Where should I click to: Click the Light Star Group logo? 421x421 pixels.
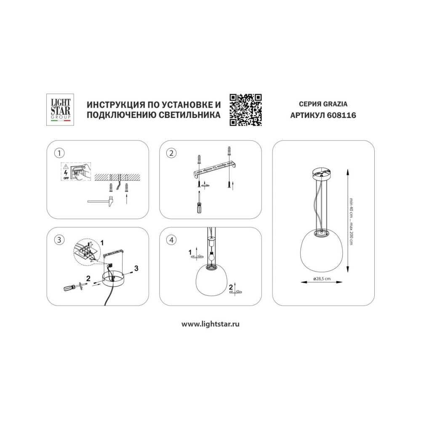click(60, 109)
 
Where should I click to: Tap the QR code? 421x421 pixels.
click(246, 110)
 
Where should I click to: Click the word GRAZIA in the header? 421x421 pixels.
click(335, 104)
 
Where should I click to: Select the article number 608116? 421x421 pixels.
click(342, 115)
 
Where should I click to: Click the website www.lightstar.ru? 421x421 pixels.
click(210, 324)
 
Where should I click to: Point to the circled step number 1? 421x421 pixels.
click(59, 153)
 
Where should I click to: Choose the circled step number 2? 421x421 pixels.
click(172, 153)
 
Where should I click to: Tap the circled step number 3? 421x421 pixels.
click(59, 240)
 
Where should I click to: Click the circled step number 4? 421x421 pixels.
click(172, 240)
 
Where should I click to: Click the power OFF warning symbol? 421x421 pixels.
click(66, 171)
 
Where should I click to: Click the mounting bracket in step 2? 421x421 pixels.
click(215, 169)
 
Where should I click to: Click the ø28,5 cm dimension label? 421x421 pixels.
click(322, 279)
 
